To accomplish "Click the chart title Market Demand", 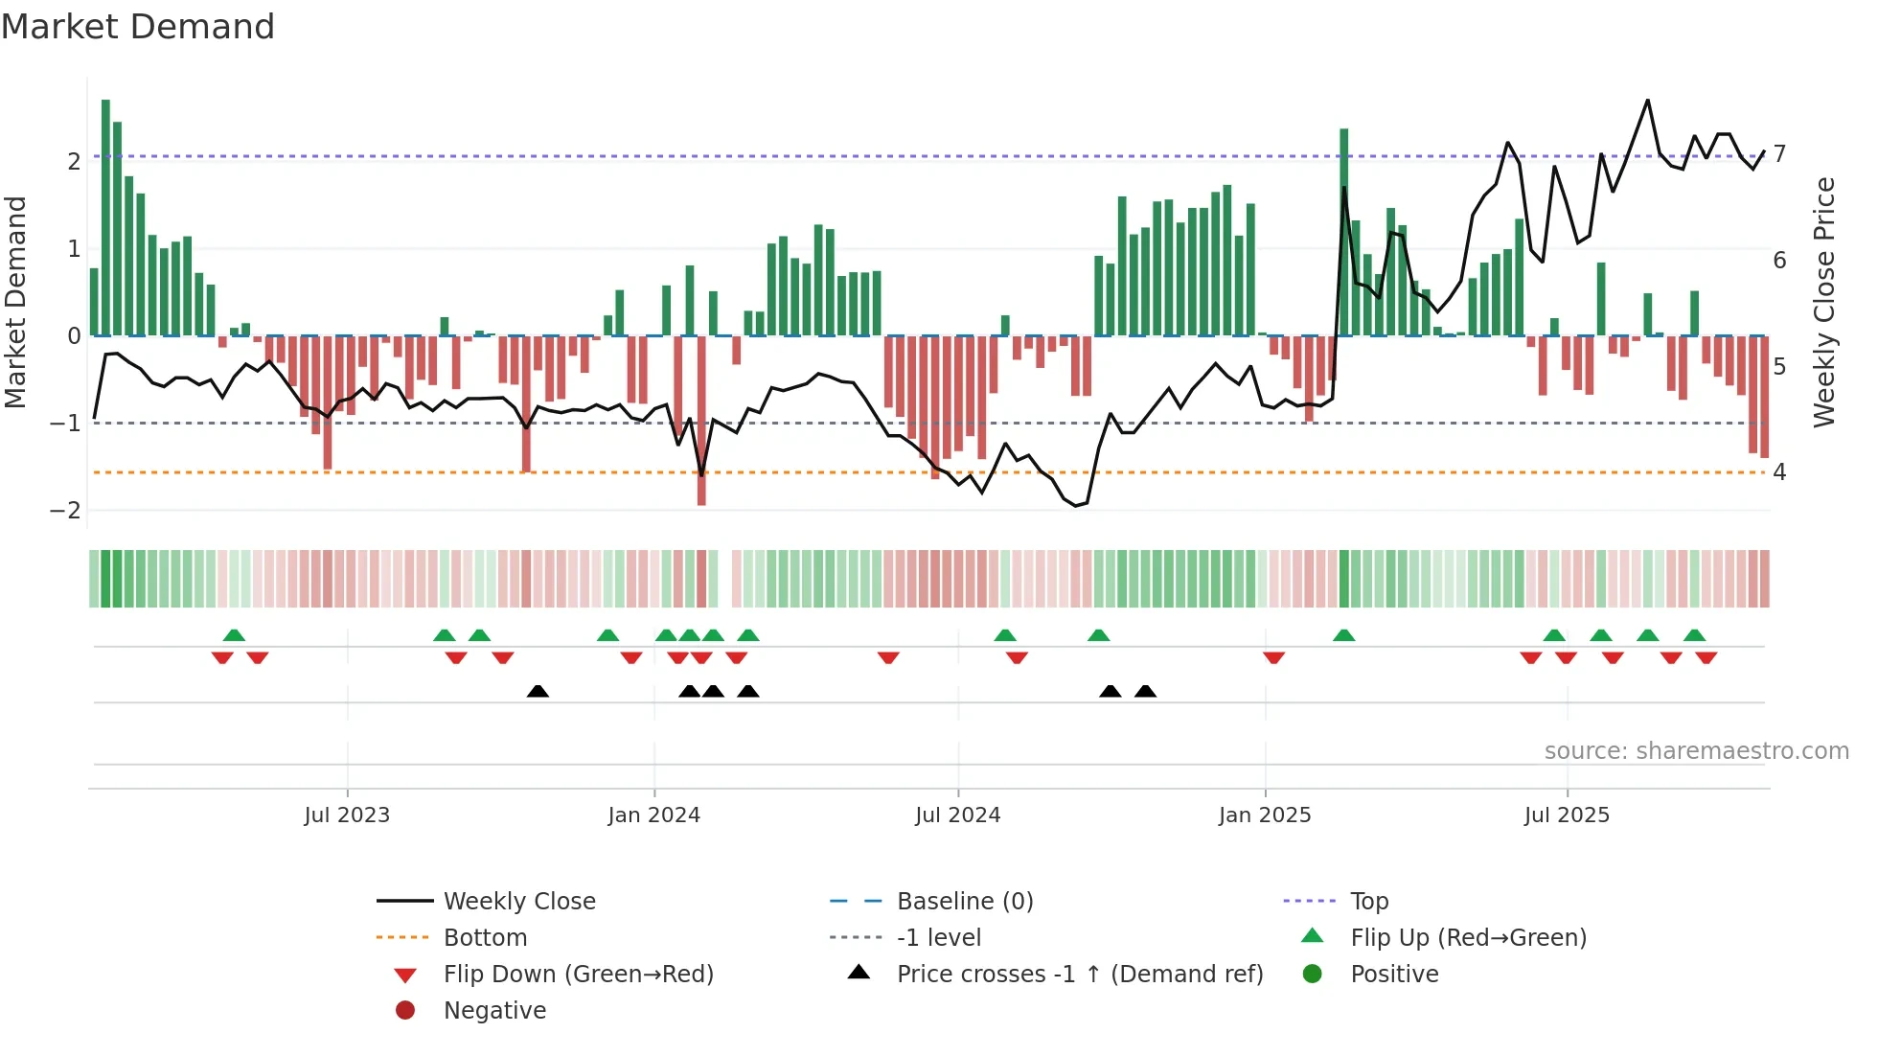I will (x=138, y=27).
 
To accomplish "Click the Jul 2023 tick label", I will (x=347, y=815).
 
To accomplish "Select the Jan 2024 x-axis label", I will (x=653, y=815).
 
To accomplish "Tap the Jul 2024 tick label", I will (x=957, y=815).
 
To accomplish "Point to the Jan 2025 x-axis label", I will (x=1265, y=815).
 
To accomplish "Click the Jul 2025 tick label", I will (x=1567, y=815).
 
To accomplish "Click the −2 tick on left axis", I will (x=65, y=511).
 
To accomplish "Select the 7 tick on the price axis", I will (x=1779, y=154).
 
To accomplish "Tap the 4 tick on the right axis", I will (x=1779, y=472).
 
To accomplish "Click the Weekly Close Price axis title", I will (x=1824, y=302).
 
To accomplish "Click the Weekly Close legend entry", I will (x=518, y=902).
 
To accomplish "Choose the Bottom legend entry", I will (x=485, y=938).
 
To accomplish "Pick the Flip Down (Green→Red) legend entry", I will (x=578, y=975).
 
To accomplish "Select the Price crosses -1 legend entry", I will (x=1079, y=975).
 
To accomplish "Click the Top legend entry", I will (x=1368, y=902).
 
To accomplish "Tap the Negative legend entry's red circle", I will (x=405, y=1011).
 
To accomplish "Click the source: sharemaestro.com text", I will (x=1696, y=751).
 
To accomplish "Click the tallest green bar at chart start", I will (x=105, y=218).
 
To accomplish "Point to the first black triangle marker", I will (x=538, y=692).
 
